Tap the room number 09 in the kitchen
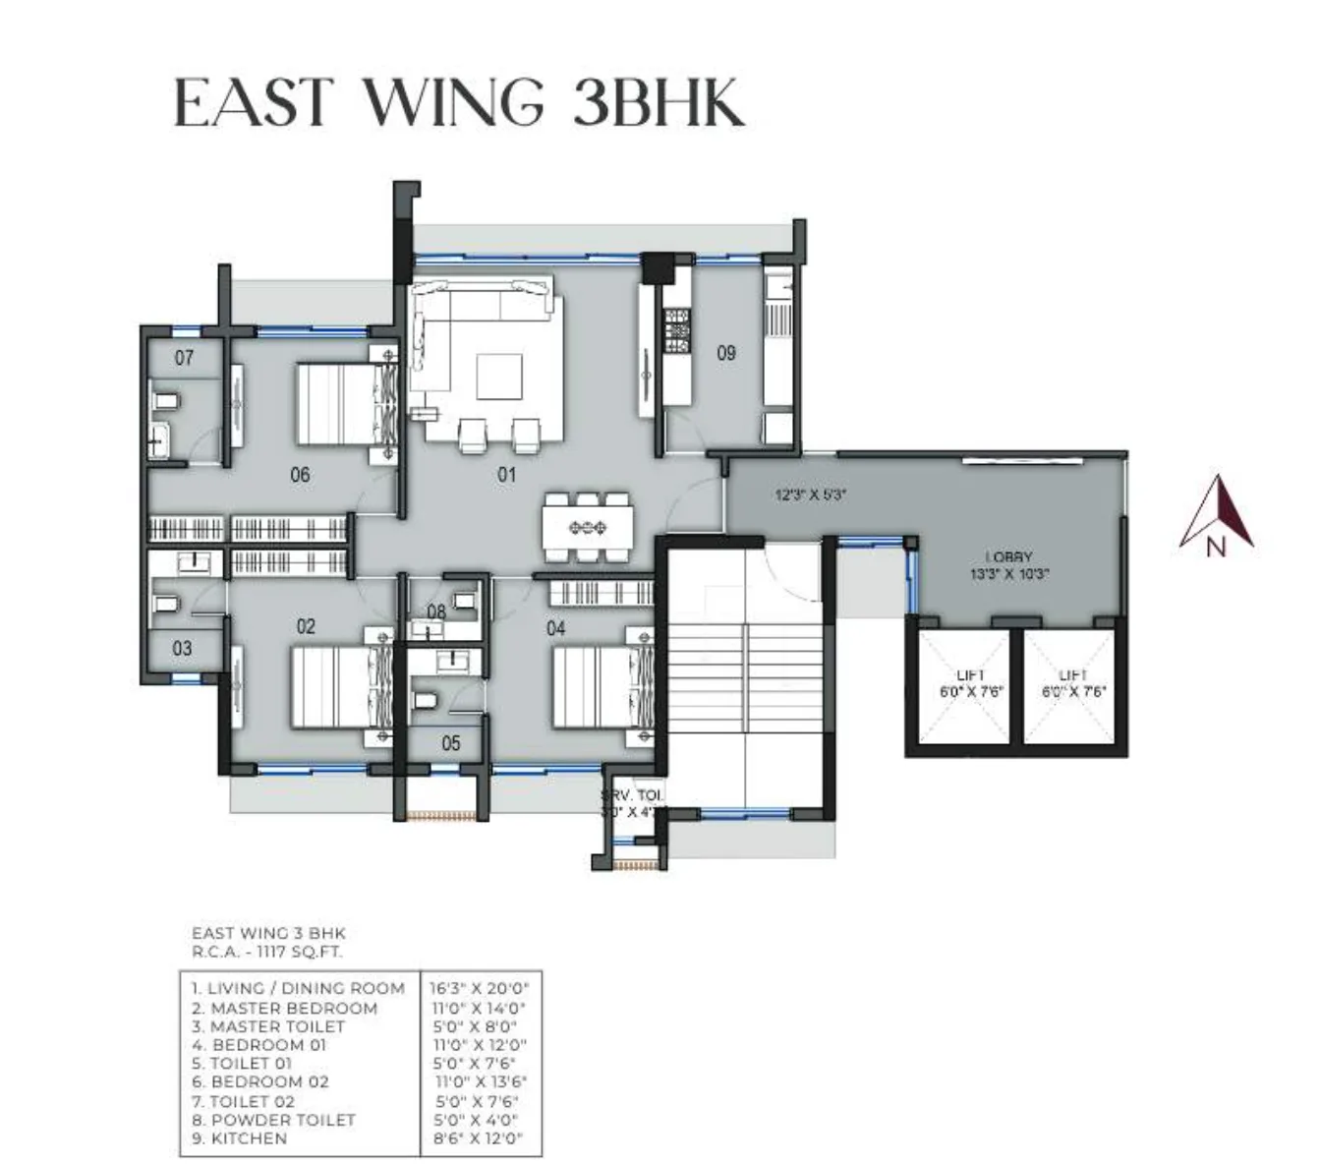pyautogui.click(x=725, y=352)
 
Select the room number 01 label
pyautogui.click(x=506, y=475)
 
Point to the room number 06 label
pyautogui.click(x=300, y=475)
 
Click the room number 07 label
pyautogui.click(x=184, y=358)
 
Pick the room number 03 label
pyautogui.click(x=182, y=649)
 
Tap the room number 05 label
pyautogui.click(x=450, y=743)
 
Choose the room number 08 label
pyautogui.click(x=435, y=612)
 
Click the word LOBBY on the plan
pyautogui.click(x=1008, y=556)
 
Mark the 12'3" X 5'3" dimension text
pyautogui.click(x=811, y=496)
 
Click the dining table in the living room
pyautogui.click(x=587, y=528)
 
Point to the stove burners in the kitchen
pyautogui.click(x=677, y=331)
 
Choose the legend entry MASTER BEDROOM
pyautogui.click(x=293, y=1008)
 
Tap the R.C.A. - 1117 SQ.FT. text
pyautogui.click(x=267, y=952)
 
